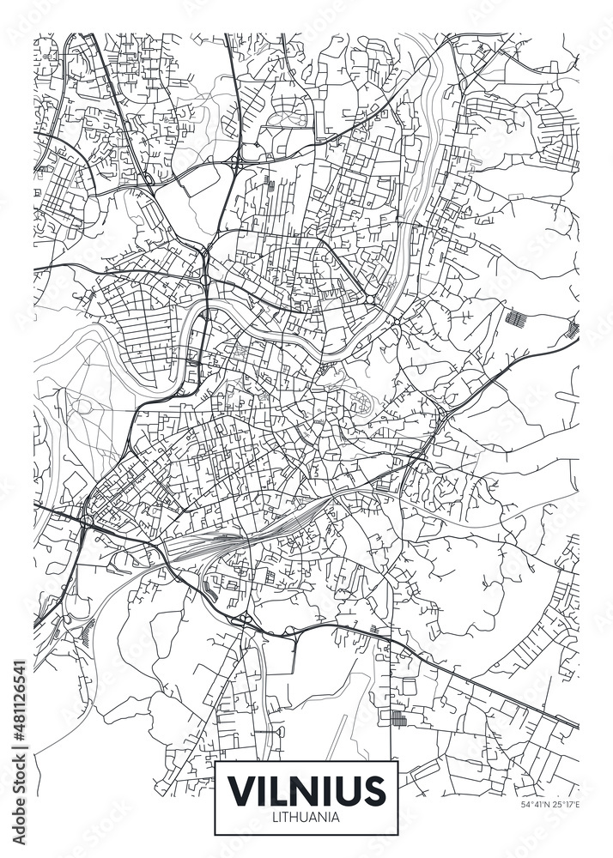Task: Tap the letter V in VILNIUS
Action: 241,789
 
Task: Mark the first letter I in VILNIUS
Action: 261,789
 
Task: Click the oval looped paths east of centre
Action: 361,399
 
